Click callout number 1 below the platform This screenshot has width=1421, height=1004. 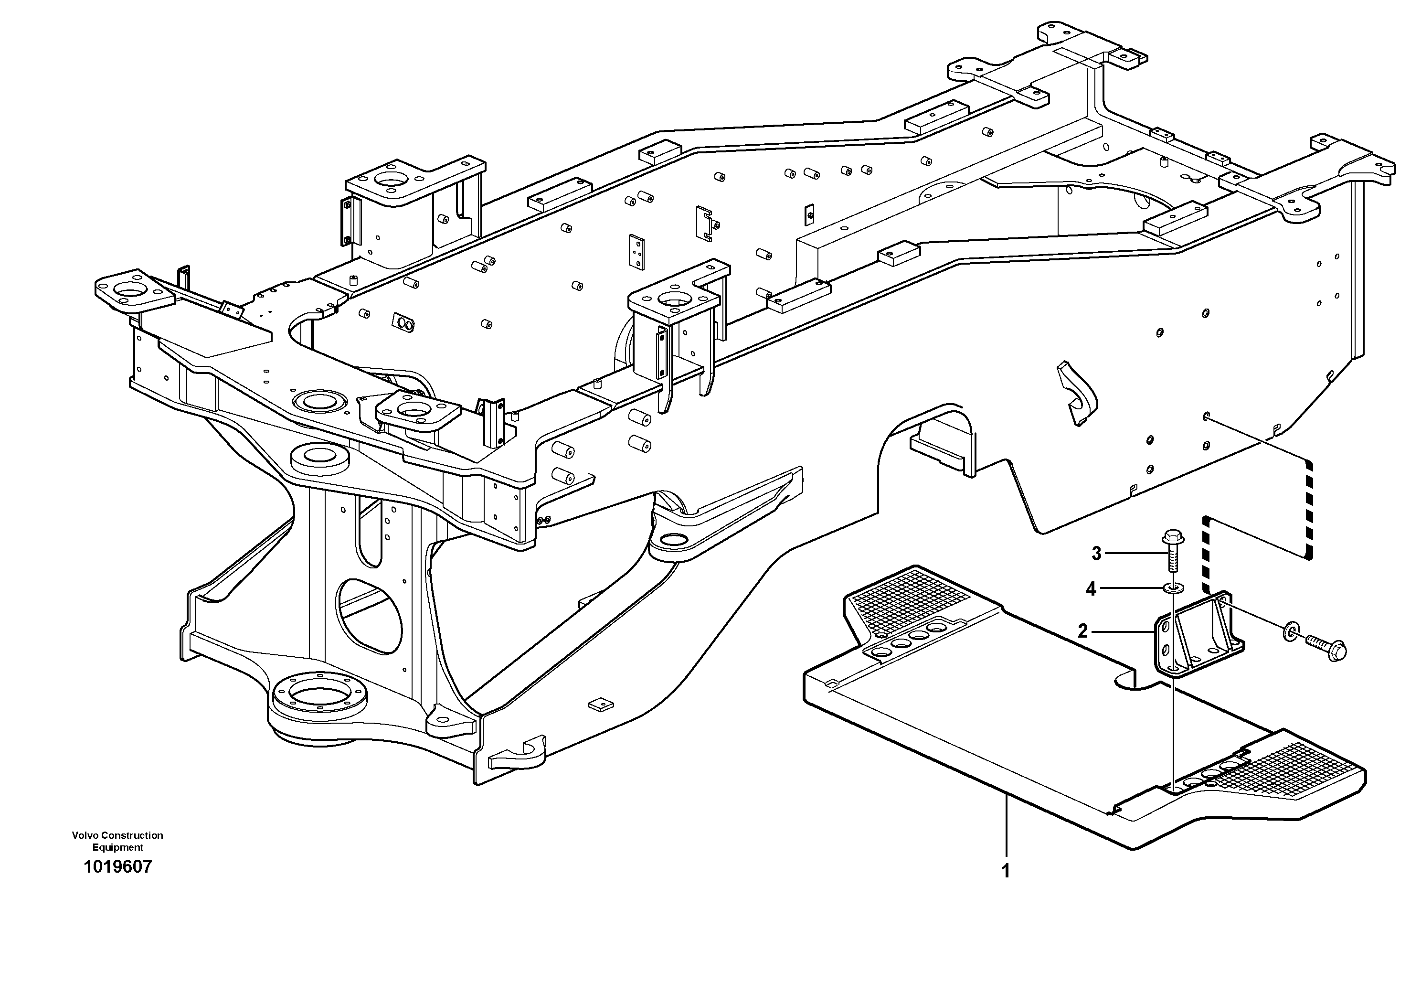(1006, 871)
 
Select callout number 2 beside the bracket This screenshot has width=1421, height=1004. (1082, 631)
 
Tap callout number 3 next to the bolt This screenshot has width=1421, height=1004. (1096, 554)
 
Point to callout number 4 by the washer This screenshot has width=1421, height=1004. (1091, 589)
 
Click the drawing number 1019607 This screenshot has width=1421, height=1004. (117, 866)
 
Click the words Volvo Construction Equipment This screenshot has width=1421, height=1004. (117, 841)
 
